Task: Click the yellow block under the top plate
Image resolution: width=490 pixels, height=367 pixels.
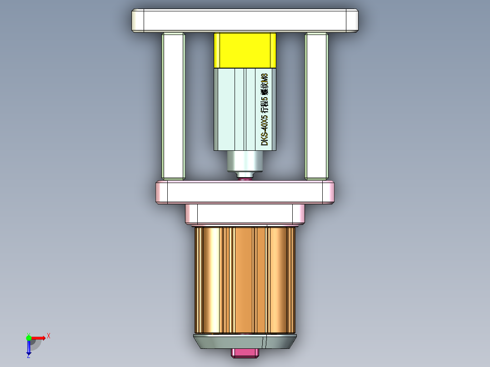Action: pos(245,50)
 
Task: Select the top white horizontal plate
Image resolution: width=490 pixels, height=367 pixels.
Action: pos(245,20)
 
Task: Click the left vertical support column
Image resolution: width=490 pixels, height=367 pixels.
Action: pos(173,106)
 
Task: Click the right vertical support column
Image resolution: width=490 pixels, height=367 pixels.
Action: pos(316,106)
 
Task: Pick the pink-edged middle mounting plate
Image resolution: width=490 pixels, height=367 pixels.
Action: pos(245,192)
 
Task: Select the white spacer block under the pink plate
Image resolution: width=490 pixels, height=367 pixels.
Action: pos(245,214)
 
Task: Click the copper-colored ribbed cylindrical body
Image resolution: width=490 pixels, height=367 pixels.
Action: pos(245,280)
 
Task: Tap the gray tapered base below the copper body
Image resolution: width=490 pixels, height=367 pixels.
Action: pos(245,342)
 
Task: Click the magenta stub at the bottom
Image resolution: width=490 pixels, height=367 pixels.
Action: pos(245,353)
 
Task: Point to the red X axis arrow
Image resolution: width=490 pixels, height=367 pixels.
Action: pos(39,338)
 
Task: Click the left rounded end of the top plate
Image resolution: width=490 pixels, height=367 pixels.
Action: pos(138,20)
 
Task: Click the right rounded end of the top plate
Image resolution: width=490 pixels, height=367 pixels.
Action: pos(352,20)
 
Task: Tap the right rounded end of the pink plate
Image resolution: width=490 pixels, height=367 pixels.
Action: pos(329,192)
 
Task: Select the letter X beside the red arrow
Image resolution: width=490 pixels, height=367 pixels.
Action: pos(49,336)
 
